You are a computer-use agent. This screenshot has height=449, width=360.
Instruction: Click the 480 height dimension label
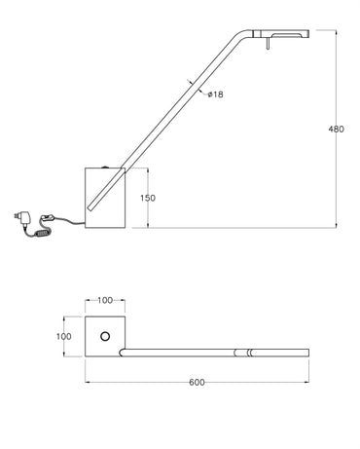336,129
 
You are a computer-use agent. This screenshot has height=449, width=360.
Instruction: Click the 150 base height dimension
148,198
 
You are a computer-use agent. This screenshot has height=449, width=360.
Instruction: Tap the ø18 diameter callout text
216,94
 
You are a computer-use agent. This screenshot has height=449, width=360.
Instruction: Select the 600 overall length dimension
197,383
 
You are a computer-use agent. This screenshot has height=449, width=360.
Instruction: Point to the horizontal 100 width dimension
105,300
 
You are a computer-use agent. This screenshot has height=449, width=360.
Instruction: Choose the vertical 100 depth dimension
63,336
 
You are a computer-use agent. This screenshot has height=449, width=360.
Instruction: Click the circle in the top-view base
105,337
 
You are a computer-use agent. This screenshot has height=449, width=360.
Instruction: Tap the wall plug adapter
22,217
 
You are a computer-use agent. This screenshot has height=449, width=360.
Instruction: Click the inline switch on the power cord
48,218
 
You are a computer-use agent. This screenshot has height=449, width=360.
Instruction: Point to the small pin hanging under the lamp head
268,44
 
